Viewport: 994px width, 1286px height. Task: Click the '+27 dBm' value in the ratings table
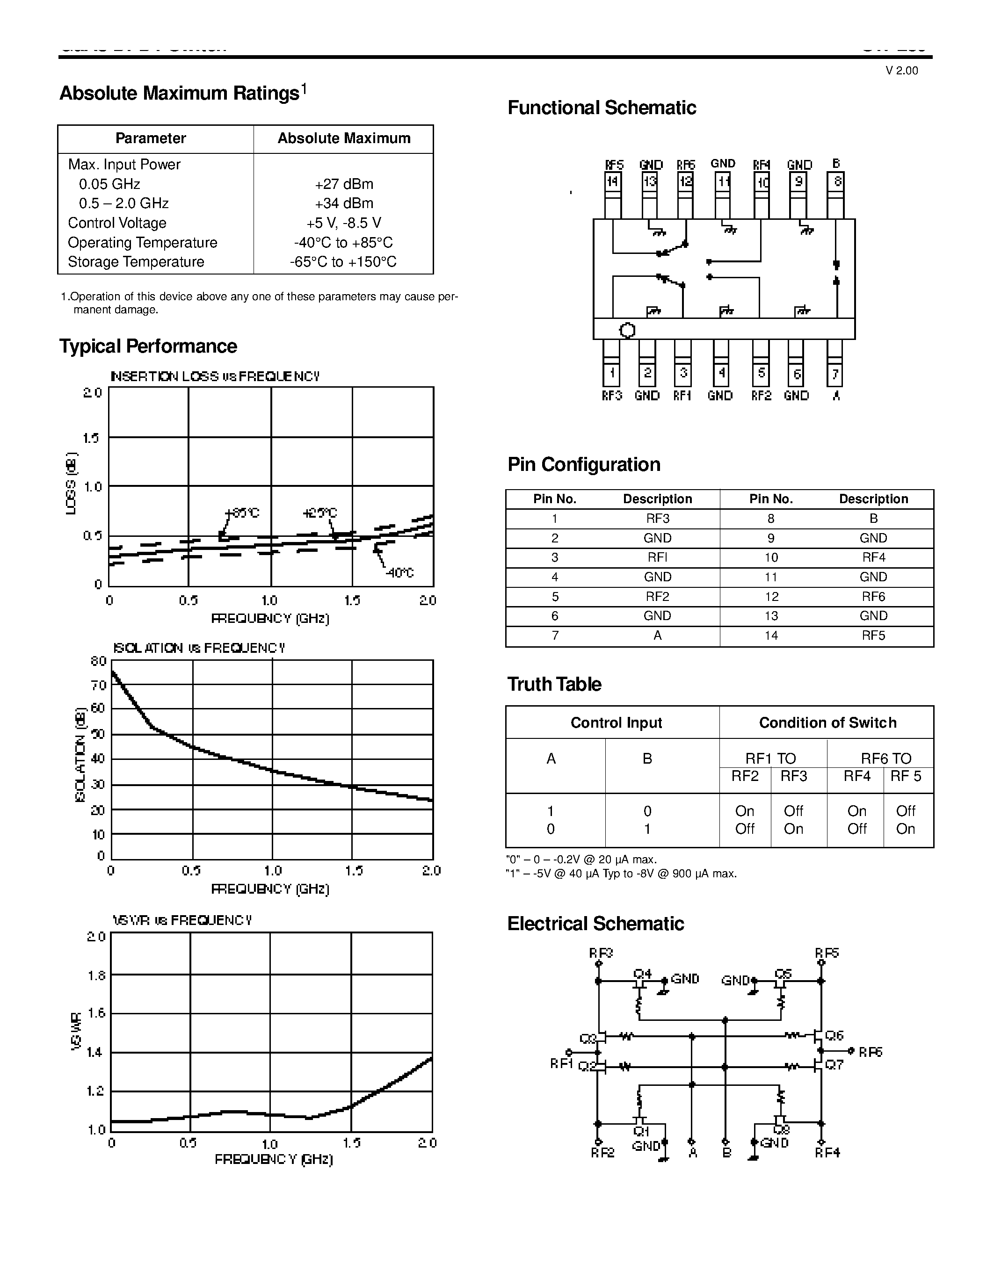pos(344,184)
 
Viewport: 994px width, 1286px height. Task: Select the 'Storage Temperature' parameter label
pos(136,262)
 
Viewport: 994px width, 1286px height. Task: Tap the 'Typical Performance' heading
pos(148,346)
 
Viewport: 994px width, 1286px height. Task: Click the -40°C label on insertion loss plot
pos(400,573)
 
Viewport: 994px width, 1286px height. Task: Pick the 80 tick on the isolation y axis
pos(98,661)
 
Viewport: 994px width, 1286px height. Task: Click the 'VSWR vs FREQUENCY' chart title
pos(182,920)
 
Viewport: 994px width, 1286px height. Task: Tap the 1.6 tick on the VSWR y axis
pos(96,1013)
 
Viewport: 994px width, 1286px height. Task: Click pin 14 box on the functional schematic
pos(612,181)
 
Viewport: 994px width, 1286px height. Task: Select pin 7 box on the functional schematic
pos(835,374)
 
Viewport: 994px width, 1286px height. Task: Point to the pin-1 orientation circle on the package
pos(628,330)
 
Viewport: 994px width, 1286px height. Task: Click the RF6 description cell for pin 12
pos(873,597)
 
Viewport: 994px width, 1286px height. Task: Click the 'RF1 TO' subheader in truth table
pos(770,759)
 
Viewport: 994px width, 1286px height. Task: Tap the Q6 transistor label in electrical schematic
pos(834,1036)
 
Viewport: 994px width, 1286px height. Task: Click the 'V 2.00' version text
pos(901,71)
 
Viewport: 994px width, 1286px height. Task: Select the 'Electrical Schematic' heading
pos(595,923)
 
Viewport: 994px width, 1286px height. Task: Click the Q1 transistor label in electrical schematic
pos(641,1131)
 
